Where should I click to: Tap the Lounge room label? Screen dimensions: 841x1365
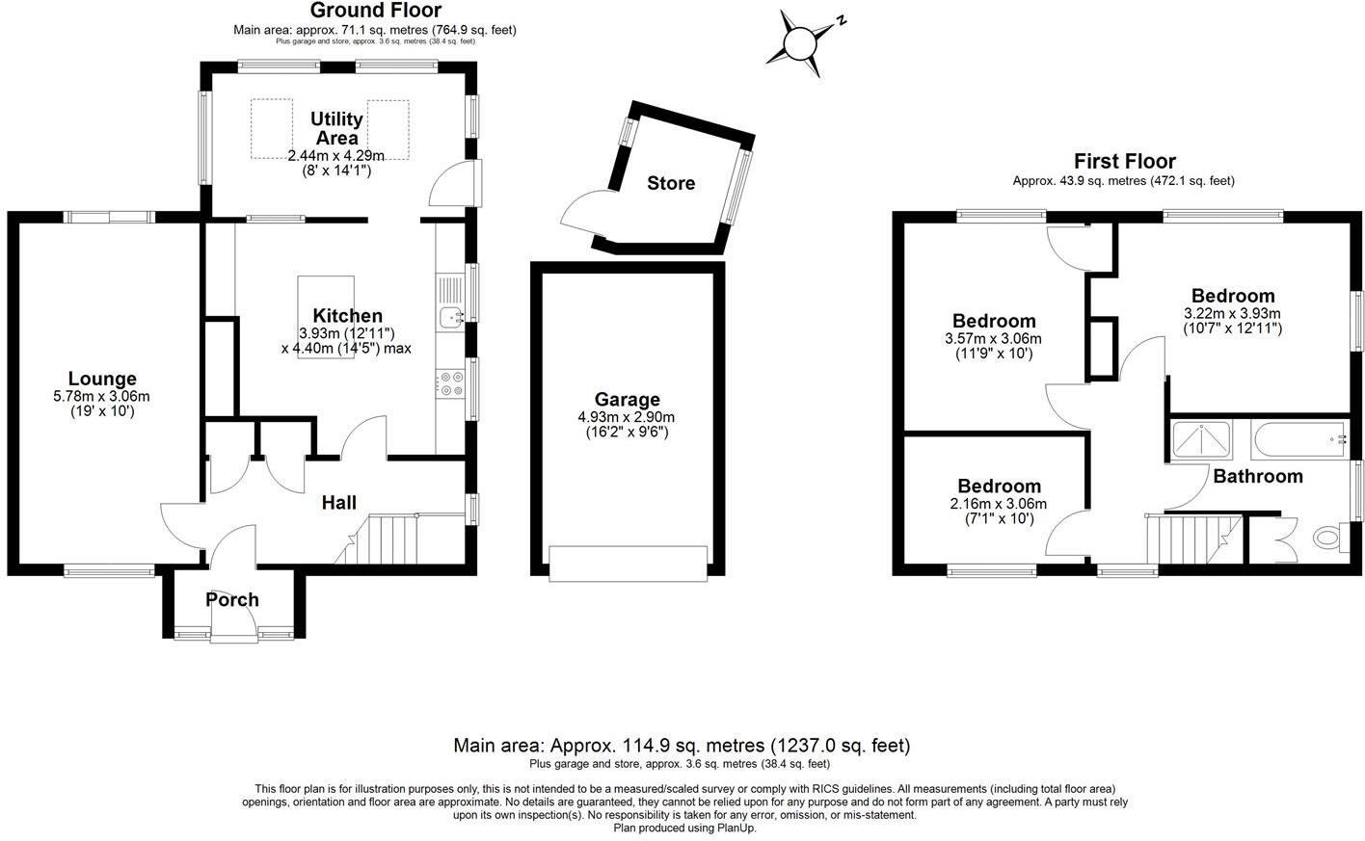click(x=101, y=379)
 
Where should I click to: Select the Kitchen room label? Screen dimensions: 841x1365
click(x=347, y=315)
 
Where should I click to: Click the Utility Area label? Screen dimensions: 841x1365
click(x=335, y=128)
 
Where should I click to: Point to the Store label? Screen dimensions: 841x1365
click(x=671, y=183)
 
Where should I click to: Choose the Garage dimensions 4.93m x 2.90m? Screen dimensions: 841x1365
click(x=627, y=417)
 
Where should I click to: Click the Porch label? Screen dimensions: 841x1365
click(x=232, y=599)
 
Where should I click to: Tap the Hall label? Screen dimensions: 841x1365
click(x=338, y=502)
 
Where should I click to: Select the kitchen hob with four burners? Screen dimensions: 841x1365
click(x=450, y=383)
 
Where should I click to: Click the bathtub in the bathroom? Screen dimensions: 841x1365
click(x=1298, y=439)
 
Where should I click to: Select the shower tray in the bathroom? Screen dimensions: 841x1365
click(x=1202, y=439)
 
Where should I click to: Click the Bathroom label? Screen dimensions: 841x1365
click(x=1257, y=476)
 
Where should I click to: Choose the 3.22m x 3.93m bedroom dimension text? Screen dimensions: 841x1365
click(x=1232, y=313)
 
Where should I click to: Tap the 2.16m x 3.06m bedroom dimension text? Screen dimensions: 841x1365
click(x=998, y=504)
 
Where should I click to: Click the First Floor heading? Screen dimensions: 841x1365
click(x=1125, y=161)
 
